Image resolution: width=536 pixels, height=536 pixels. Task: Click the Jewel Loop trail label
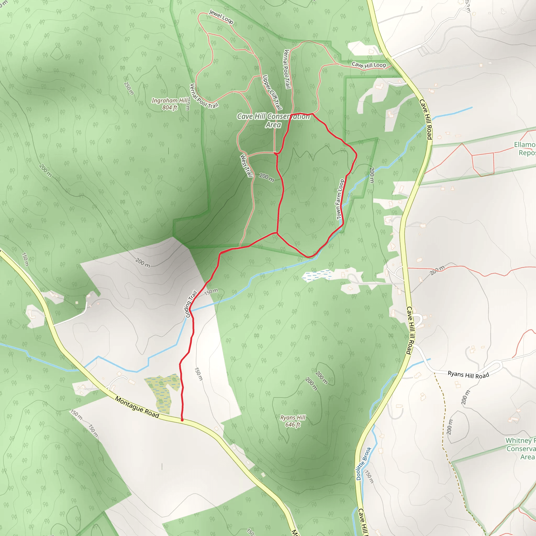221,17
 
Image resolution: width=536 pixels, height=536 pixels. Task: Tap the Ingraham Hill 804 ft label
170,104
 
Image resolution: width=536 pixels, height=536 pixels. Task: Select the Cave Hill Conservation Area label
273,120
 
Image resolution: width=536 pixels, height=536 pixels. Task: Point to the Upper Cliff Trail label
272,92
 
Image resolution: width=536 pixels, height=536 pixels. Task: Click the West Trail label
246,166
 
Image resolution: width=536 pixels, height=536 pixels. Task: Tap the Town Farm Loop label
340,199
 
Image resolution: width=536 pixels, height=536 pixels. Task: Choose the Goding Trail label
191,304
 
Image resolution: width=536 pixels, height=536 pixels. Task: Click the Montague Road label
137,407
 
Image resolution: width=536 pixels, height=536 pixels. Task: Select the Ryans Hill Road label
468,375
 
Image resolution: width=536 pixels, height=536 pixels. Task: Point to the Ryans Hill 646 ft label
293,421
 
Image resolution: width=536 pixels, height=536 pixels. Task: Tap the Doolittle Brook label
364,463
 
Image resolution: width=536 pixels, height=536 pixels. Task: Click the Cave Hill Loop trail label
369,65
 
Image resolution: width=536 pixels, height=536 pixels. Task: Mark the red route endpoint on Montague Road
182,420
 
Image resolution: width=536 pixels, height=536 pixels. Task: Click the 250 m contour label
129,88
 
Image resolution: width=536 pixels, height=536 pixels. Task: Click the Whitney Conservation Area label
521,449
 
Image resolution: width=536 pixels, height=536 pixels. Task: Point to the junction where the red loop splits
277,233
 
